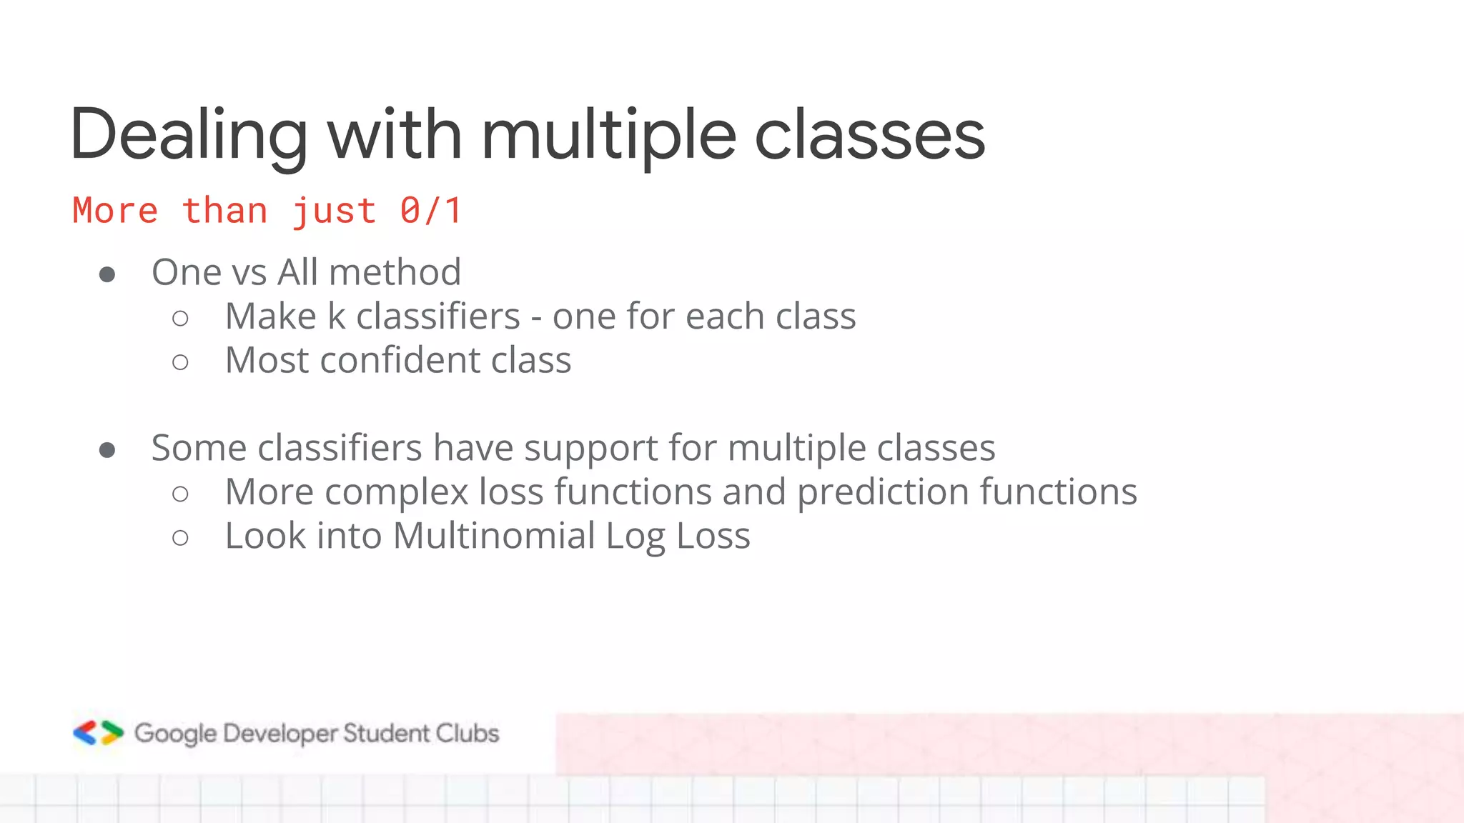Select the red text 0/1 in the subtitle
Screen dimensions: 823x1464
[430, 211]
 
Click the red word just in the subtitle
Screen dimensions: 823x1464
[334, 211]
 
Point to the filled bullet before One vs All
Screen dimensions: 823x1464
[107, 274]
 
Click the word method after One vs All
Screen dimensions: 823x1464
[395, 272]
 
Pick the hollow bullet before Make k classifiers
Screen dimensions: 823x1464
[180, 318]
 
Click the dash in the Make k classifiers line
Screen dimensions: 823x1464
[536, 319]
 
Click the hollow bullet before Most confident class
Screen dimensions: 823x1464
[180, 362]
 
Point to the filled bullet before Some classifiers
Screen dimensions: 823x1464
[107, 450]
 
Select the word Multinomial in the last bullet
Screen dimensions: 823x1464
[494, 536]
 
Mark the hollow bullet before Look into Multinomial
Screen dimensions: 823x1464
[180, 537]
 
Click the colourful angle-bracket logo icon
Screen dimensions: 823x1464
[99, 733]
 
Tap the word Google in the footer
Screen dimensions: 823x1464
[175, 734]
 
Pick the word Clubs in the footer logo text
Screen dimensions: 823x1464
[468, 733]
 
